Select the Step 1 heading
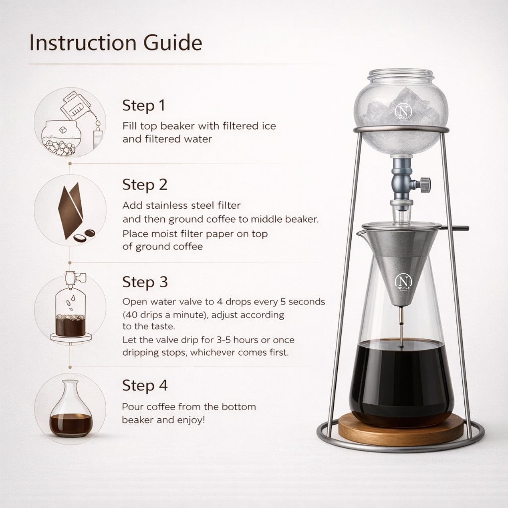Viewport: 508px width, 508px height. coord(144,106)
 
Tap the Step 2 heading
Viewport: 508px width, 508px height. coord(145,185)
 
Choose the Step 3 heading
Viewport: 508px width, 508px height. coord(145,282)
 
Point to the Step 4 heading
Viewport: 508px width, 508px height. coord(145,385)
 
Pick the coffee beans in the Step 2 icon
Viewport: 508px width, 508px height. coord(84,236)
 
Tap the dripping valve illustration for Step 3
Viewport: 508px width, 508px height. coord(71,308)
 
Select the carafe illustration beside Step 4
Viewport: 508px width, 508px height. coord(71,410)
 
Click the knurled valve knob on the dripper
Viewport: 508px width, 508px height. coord(425,185)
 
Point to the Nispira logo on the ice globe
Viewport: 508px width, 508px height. coord(403,112)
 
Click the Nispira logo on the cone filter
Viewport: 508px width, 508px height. coord(403,282)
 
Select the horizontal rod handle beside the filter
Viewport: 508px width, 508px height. coord(455,228)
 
